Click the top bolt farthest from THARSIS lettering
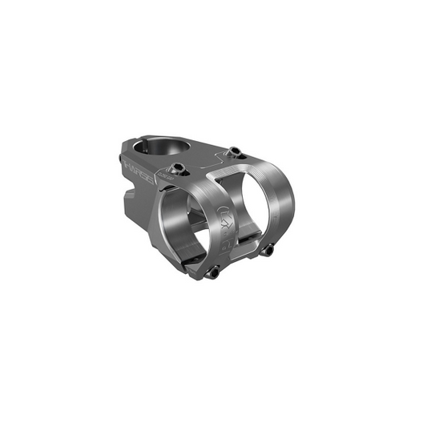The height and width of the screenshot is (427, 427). (234, 151)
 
